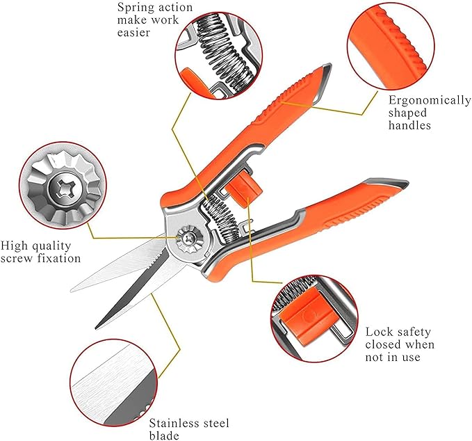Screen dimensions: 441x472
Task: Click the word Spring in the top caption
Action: pyautogui.click(x=134, y=8)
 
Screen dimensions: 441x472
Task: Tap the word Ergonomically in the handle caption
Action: pyautogui.click(x=430, y=100)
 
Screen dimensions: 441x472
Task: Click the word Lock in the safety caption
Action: pyautogui.click(x=379, y=332)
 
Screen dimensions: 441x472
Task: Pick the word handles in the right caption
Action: pyautogui.click(x=410, y=125)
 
